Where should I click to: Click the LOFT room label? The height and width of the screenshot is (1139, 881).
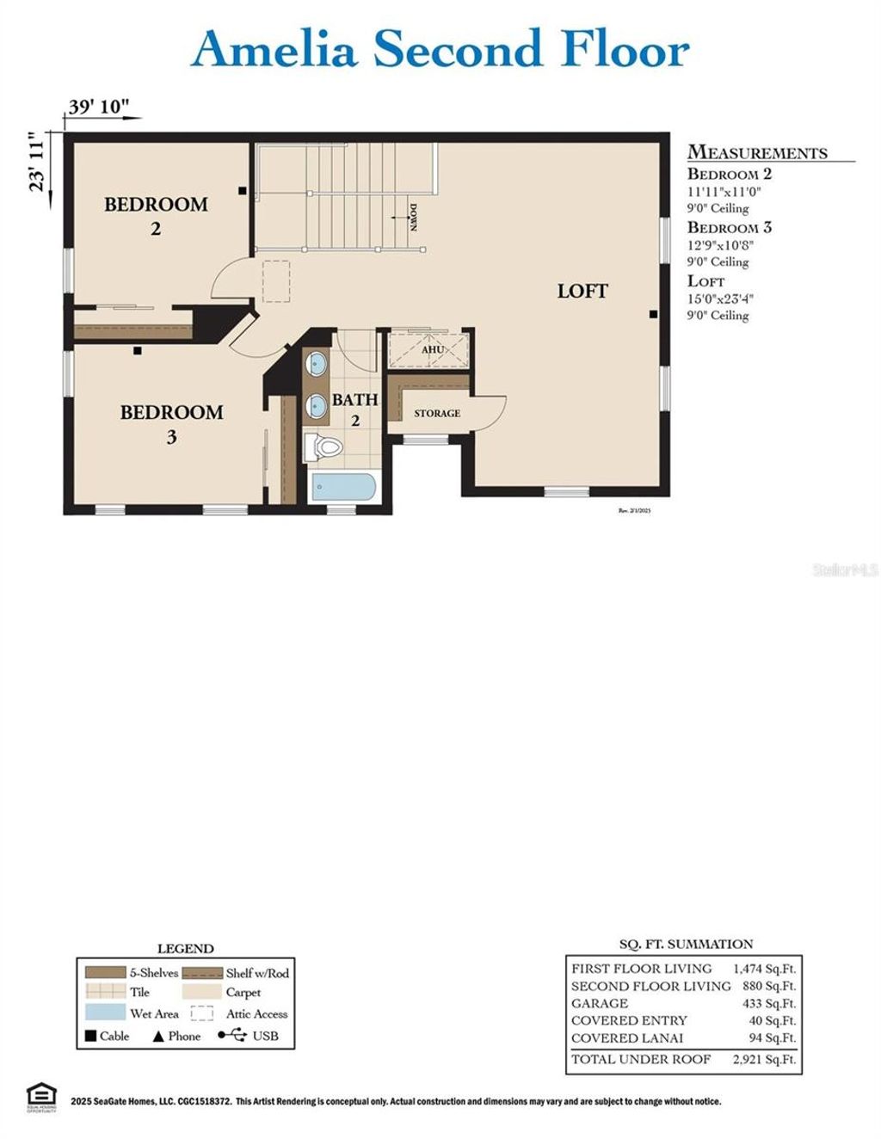[582, 292]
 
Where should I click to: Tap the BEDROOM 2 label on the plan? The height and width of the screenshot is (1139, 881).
[156, 216]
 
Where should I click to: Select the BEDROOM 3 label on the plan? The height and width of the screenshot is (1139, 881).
[171, 424]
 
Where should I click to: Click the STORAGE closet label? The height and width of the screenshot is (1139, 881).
[437, 414]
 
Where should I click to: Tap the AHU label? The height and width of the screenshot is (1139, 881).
[432, 350]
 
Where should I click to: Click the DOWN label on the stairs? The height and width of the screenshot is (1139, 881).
[413, 217]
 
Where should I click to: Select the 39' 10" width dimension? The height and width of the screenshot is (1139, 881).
[99, 107]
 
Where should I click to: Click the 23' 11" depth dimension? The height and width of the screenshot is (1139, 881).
[36, 162]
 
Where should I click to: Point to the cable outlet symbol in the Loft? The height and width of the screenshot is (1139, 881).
[654, 315]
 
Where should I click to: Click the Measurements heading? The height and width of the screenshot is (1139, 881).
[757, 153]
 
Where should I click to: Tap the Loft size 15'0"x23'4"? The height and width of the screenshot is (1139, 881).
[720, 299]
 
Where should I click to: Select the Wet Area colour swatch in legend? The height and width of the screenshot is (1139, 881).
[105, 1013]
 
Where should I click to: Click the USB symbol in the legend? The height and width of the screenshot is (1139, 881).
[232, 1036]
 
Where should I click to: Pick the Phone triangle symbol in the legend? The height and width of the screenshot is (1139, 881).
[157, 1037]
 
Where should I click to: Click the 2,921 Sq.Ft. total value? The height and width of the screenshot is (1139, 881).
[764, 1060]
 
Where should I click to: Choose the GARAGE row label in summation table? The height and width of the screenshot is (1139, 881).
[600, 1004]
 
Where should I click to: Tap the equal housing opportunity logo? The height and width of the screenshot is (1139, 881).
[40, 1097]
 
